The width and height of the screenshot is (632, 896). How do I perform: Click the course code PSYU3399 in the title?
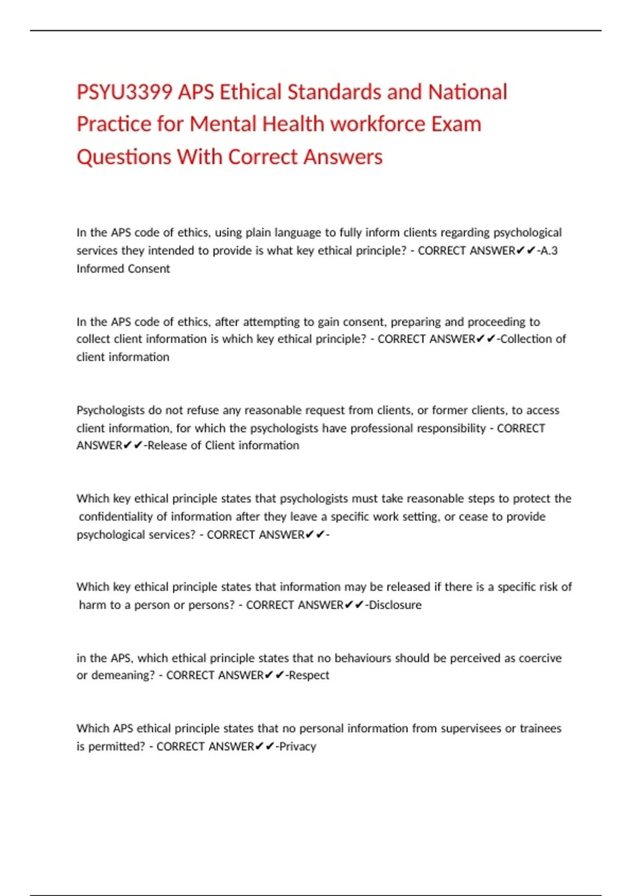pyautogui.click(x=124, y=92)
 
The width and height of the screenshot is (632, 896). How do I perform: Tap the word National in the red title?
pyautogui.click(x=467, y=92)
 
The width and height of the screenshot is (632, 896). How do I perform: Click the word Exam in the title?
pyautogui.click(x=456, y=124)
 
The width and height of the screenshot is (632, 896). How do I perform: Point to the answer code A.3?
pyautogui.click(x=549, y=250)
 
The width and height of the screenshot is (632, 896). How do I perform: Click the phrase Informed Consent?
pyautogui.click(x=123, y=268)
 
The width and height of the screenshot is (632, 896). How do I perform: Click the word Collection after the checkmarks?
pyautogui.click(x=524, y=339)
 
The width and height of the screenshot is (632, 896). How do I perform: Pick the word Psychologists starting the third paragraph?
pyautogui.click(x=111, y=410)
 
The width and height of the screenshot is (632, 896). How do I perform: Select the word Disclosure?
pyautogui.click(x=395, y=605)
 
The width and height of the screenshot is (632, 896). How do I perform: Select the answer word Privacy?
pyautogui.click(x=298, y=746)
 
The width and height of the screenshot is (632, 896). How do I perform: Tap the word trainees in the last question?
pyautogui.click(x=540, y=728)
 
